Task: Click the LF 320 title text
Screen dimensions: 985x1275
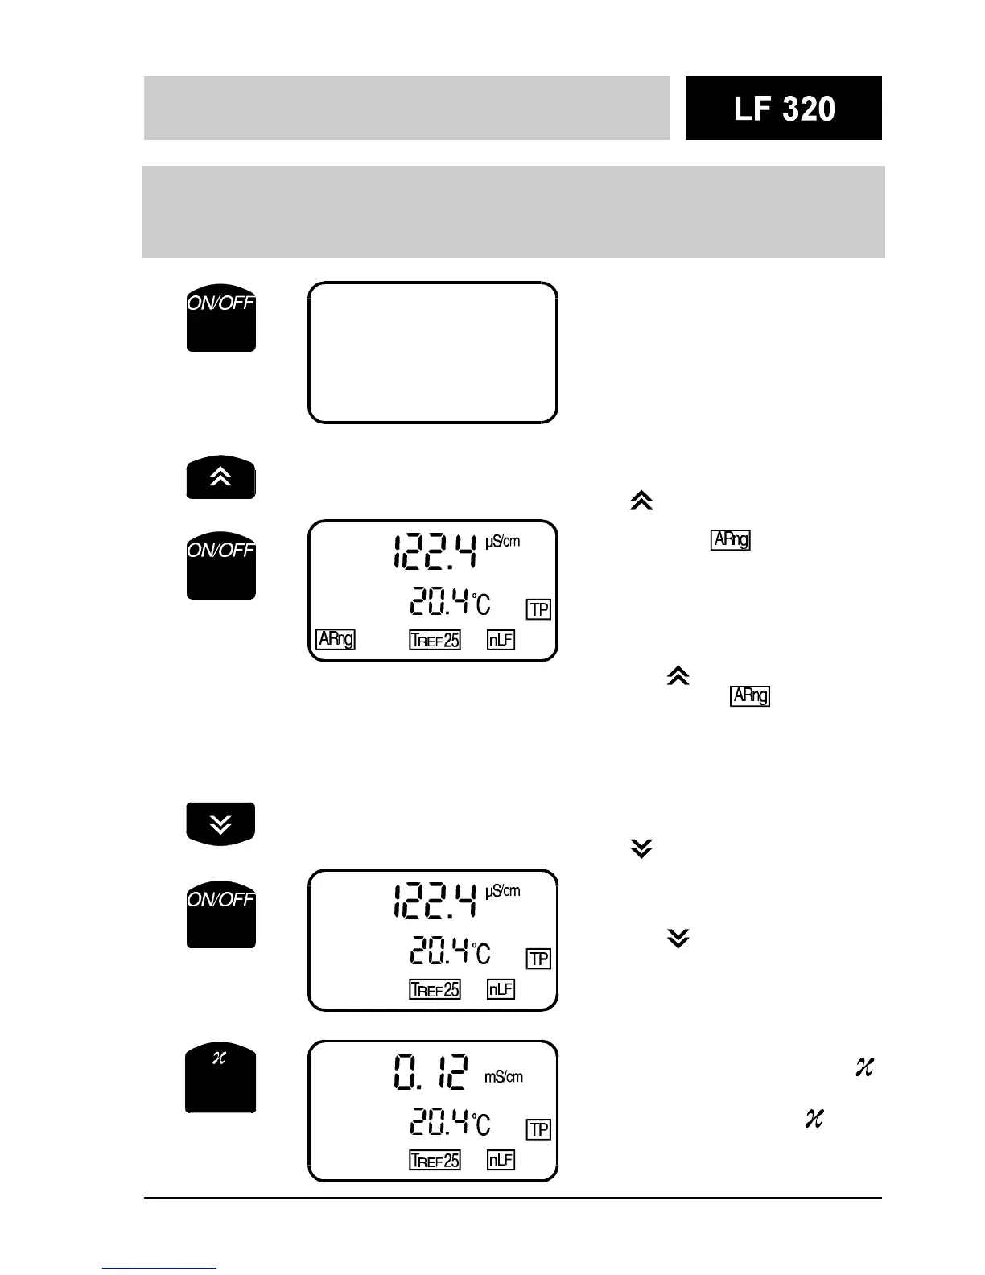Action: click(784, 109)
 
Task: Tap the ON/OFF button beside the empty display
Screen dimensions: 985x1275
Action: click(221, 317)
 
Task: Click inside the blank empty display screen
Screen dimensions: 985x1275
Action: click(433, 353)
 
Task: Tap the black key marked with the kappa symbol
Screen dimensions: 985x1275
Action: click(220, 1078)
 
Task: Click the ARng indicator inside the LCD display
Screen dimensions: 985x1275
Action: click(336, 639)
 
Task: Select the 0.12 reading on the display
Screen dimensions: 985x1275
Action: click(431, 1073)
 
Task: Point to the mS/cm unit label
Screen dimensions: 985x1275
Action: click(504, 1076)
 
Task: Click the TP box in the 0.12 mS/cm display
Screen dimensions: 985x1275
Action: click(538, 1129)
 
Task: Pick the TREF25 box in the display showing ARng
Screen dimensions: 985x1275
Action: click(435, 640)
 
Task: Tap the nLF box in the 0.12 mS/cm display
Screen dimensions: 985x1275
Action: click(501, 1160)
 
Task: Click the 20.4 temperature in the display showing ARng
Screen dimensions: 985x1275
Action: click(440, 601)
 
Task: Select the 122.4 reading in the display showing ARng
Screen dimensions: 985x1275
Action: click(435, 551)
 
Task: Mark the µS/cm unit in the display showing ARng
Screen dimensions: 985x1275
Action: click(503, 541)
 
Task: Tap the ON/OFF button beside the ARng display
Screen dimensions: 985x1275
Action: click(221, 565)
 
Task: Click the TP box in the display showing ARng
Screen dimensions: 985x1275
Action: click(538, 609)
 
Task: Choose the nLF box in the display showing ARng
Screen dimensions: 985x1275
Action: click(501, 640)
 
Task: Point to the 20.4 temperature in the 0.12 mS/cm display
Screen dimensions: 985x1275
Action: click(440, 1121)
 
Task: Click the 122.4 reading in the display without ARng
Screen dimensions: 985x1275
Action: click(435, 901)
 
